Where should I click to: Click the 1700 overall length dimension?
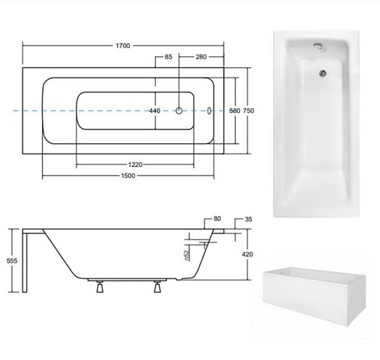(123, 46)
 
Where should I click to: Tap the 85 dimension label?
(169, 57)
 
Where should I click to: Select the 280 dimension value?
(201, 57)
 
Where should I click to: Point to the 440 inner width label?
(155, 111)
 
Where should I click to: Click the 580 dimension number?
(235, 111)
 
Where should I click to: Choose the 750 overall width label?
(248, 111)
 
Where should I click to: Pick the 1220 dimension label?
(135, 165)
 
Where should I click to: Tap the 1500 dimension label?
(128, 175)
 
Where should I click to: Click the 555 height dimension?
(12, 261)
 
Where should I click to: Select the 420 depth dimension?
(247, 254)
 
